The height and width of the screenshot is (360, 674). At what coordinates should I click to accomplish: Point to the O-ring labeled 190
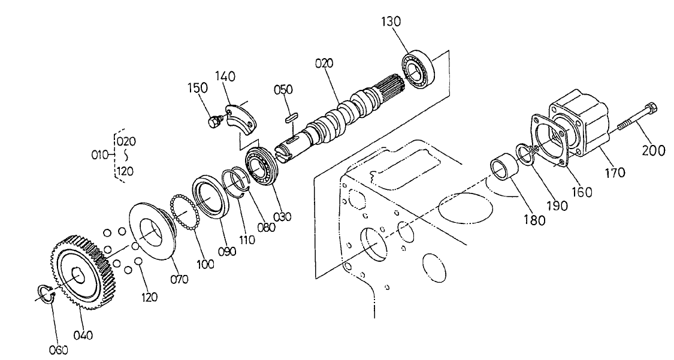525,153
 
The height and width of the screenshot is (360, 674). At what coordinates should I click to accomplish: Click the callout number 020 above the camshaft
325,63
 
